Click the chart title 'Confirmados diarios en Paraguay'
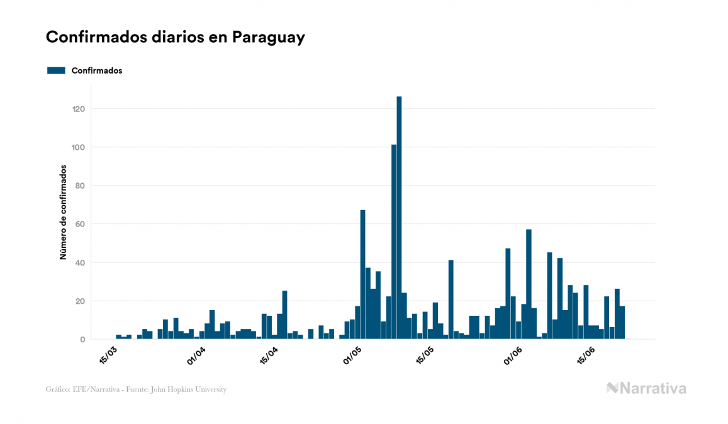pyautogui.click(x=176, y=37)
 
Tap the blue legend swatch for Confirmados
pyautogui.click(x=56, y=70)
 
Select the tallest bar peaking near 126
pyautogui.click(x=399, y=217)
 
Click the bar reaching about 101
pyautogui.click(x=394, y=242)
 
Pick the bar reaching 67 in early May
pyautogui.click(x=362, y=274)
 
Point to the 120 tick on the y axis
pyautogui.click(x=79, y=109)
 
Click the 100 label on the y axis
pyautogui.click(x=79, y=147)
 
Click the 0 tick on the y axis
pyautogui.click(x=82, y=340)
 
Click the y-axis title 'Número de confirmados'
pyautogui.click(x=63, y=212)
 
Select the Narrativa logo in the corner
pyautogui.click(x=646, y=388)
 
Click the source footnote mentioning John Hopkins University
pyautogui.click(x=136, y=389)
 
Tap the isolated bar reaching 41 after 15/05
pyautogui.click(x=451, y=299)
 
